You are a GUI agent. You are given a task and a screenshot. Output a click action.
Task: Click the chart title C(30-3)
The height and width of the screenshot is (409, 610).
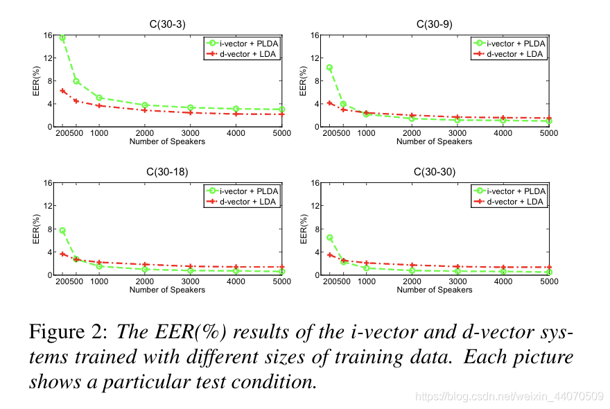(167, 24)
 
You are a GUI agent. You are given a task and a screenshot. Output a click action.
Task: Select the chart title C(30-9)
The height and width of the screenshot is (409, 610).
(435, 24)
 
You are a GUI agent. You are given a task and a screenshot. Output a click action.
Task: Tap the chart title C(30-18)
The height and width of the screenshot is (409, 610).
(167, 172)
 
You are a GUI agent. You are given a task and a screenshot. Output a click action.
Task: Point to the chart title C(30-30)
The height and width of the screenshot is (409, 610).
(435, 172)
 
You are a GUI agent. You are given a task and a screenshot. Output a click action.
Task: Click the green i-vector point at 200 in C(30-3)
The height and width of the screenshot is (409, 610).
(62, 38)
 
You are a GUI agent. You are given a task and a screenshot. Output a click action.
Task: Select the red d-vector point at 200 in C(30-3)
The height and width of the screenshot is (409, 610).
(62, 91)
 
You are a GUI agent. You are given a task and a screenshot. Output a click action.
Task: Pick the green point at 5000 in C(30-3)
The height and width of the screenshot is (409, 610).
(282, 110)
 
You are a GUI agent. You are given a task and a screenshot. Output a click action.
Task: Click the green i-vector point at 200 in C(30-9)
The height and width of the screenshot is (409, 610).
(329, 67)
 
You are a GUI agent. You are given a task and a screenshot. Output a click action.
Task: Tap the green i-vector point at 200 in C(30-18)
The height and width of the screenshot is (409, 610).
(62, 230)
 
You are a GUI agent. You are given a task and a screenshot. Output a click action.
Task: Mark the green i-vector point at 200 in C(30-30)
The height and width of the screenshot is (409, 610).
(329, 238)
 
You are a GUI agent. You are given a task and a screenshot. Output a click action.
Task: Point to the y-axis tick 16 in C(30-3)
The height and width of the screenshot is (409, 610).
(48, 35)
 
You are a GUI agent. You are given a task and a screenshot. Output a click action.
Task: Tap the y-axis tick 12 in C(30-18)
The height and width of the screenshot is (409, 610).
(48, 206)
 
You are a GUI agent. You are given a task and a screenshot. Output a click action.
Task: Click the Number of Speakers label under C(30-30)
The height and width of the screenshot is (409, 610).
(435, 290)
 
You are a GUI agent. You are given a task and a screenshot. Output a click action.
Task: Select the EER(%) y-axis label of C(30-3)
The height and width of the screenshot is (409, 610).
(36, 80)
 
